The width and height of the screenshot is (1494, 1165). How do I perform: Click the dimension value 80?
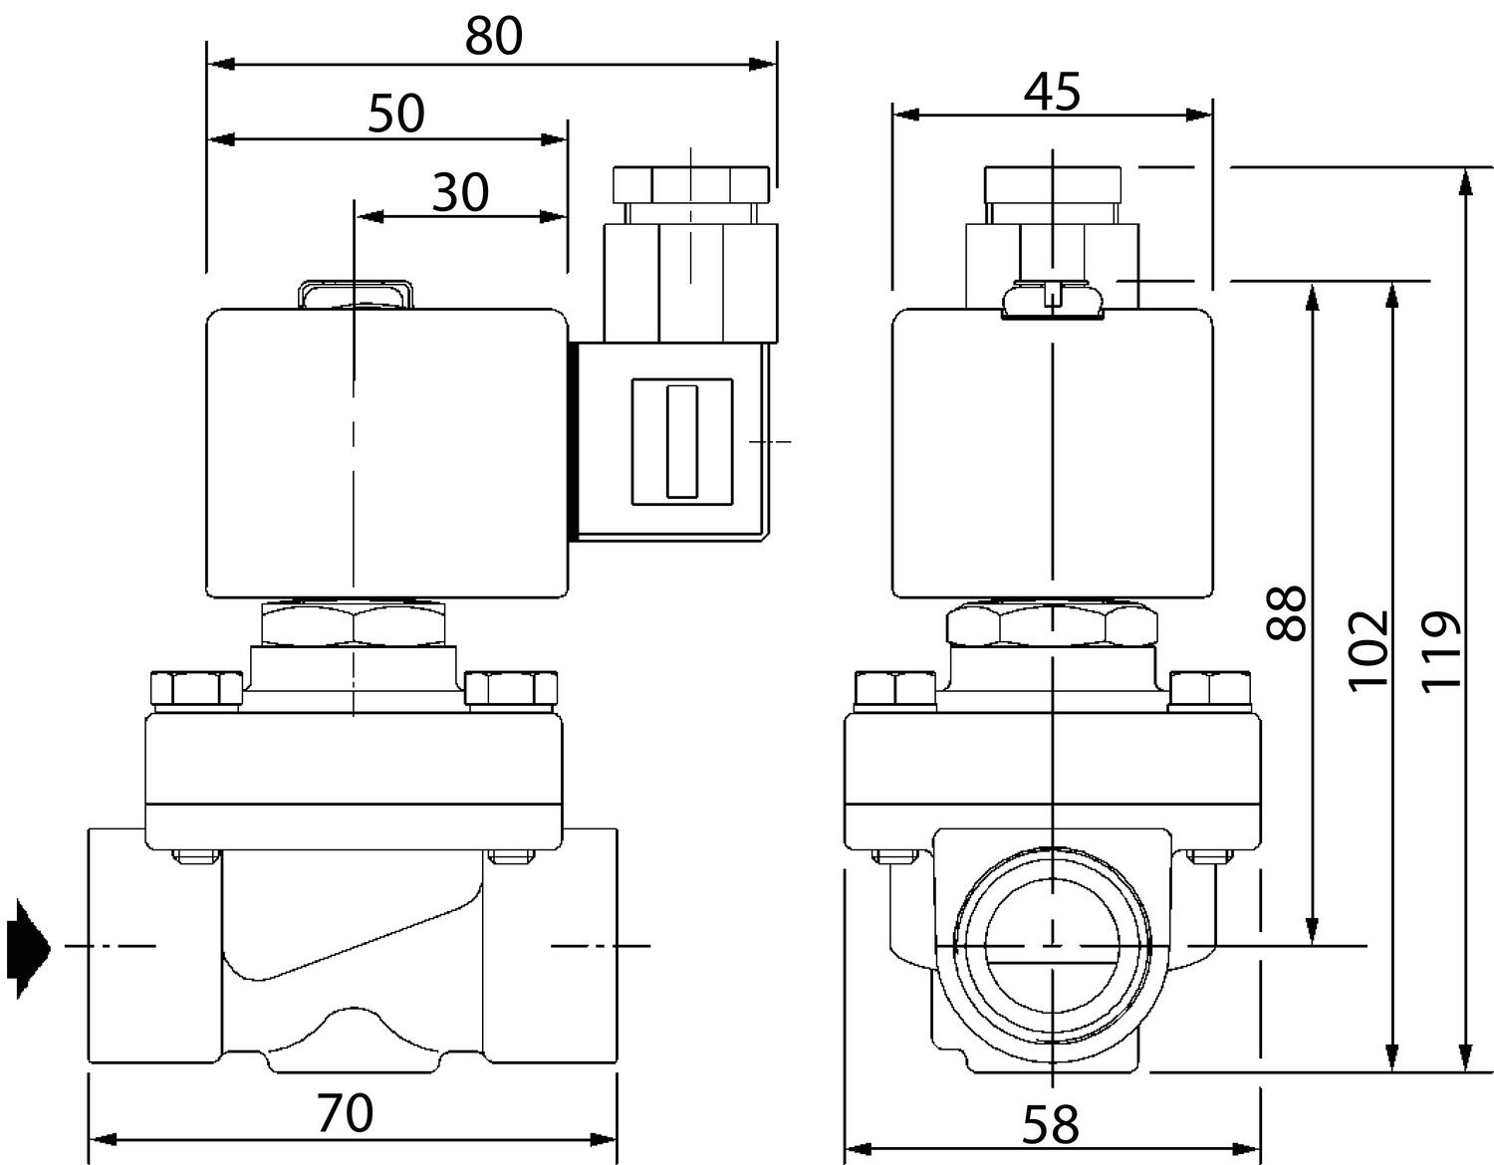pos(494,37)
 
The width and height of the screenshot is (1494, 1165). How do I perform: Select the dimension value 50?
pos(396,114)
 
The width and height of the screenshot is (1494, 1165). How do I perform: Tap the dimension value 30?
pos(460,192)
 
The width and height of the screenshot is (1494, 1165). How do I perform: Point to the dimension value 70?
pos(346,1113)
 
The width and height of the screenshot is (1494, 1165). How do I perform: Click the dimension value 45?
pos(1052,92)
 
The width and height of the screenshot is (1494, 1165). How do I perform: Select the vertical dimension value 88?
pos(1287,613)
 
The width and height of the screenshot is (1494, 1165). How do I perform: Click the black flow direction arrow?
pos(28,949)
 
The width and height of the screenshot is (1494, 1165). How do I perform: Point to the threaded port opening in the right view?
pos(1052,946)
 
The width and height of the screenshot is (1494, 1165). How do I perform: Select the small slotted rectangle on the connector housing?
pos(682,441)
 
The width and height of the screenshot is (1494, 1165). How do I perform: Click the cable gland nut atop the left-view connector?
pos(691,185)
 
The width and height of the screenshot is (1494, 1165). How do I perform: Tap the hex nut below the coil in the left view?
pos(354,624)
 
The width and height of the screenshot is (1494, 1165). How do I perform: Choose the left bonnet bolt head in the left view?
pos(196,689)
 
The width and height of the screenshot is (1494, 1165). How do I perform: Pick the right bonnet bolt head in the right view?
pos(1210,689)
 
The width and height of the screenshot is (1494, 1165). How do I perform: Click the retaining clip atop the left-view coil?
pos(356,294)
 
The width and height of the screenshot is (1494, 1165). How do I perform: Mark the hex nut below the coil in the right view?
pos(1052,624)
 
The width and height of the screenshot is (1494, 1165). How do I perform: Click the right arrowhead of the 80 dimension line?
pos(763,65)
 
